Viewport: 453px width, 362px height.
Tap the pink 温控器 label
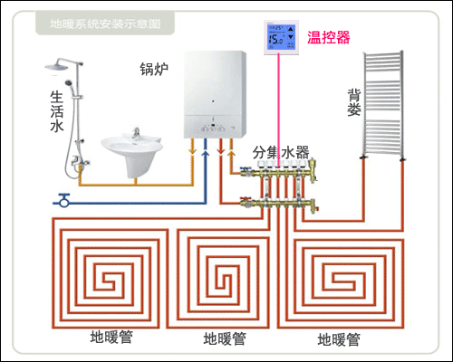click(328, 36)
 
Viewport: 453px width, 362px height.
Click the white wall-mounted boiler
click(216, 91)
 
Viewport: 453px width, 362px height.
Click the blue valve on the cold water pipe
click(63, 196)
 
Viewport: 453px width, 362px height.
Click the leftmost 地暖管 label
click(111, 337)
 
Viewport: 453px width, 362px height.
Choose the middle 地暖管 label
click(224, 339)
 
